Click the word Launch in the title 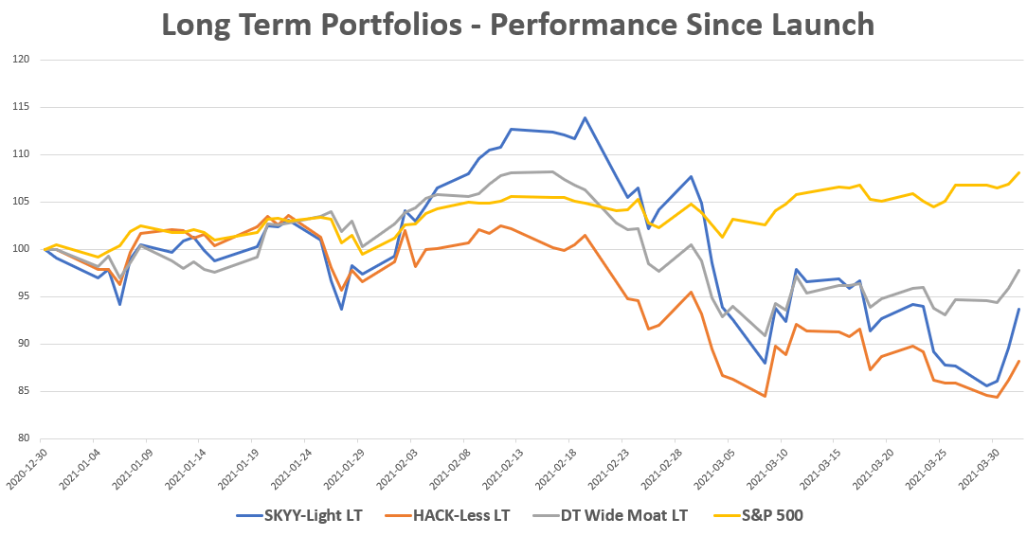(x=815, y=25)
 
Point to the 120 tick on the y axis (x=20, y=60)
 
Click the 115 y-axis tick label (x=20, y=107)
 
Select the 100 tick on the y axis (x=20, y=249)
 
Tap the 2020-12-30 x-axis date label (x=29, y=469)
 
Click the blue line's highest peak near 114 (x=585, y=117)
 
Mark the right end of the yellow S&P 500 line (x=1018, y=172)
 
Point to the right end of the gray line (x=1018, y=270)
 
